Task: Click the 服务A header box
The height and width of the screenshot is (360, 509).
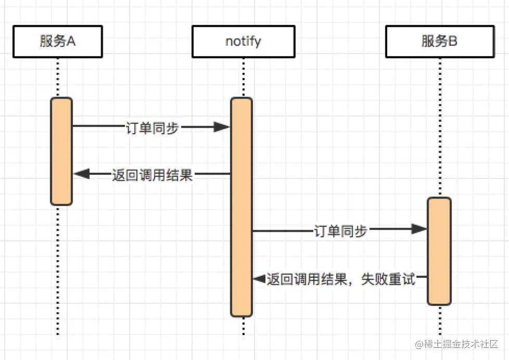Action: [x=58, y=42]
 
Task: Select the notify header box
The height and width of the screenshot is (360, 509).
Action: [x=243, y=42]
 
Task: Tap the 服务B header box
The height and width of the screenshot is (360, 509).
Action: [x=439, y=42]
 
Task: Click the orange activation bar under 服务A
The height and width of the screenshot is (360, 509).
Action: [x=61, y=151]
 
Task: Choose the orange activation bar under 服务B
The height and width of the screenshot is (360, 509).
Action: [x=439, y=251]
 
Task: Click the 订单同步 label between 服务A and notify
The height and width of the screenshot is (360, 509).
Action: [x=152, y=127]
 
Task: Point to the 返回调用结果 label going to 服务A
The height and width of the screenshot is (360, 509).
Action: [x=152, y=175]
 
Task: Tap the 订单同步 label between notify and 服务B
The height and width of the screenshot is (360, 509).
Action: [x=340, y=230]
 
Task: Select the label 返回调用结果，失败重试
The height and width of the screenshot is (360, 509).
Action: [x=341, y=279]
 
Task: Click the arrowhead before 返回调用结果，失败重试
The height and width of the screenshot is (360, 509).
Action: [x=259, y=279]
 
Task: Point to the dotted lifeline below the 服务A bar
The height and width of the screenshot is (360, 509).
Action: [x=58, y=271]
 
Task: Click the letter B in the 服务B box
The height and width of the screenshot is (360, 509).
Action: [x=452, y=42]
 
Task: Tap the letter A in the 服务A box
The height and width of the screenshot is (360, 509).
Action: [x=71, y=42]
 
